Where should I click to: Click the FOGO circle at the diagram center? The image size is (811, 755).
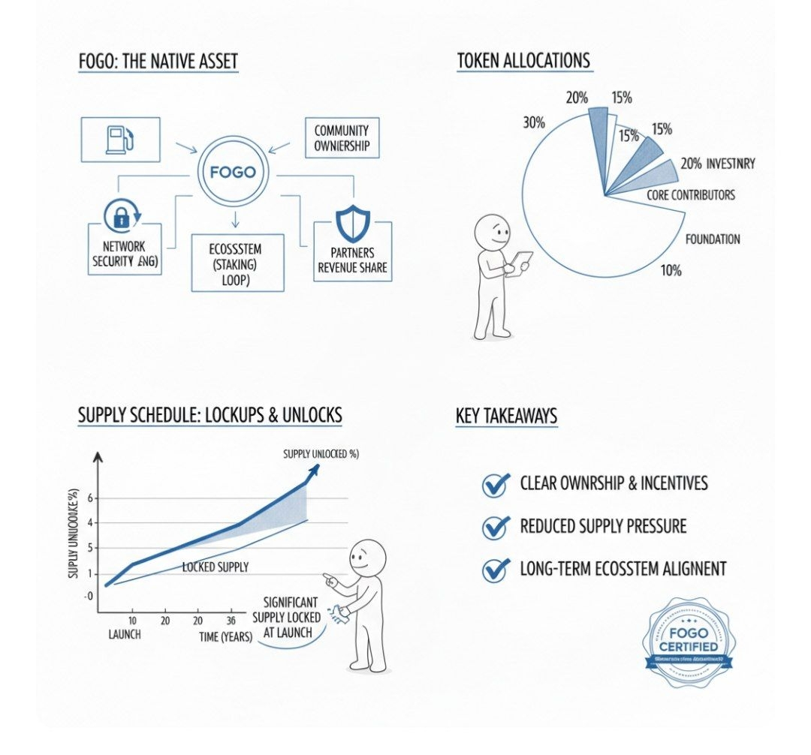(x=233, y=172)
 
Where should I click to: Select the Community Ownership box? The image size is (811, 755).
(x=342, y=137)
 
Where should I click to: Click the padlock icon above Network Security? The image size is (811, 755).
(x=120, y=216)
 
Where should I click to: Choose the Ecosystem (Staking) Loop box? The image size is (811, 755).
(x=237, y=263)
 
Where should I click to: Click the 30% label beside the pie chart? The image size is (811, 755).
(x=534, y=122)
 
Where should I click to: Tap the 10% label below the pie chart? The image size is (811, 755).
(x=671, y=270)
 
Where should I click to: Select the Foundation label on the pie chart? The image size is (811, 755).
(x=713, y=239)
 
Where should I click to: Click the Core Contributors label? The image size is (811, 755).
(x=691, y=195)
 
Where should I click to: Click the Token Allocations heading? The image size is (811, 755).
(x=523, y=61)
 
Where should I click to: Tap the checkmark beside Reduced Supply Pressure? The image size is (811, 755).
(x=496, y=526)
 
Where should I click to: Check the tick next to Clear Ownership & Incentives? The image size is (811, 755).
(x=496, y=484)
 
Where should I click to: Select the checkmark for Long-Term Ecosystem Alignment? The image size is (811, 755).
(x=496, y=570)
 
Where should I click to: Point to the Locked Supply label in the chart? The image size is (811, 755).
(x=216, y=567)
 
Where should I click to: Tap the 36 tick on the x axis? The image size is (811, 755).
(x=231, y=621)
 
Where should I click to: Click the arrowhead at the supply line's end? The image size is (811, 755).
(x=315, y=469)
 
